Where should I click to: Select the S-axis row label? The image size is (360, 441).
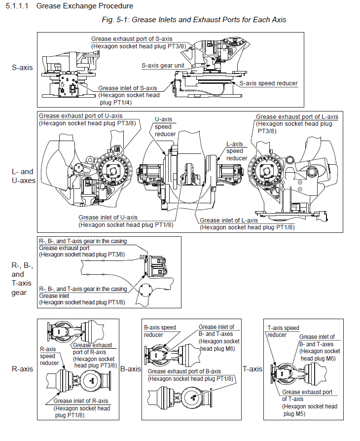point(22,67)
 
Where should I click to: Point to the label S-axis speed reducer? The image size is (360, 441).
point(269,83)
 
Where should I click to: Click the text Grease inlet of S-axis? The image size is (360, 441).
point(128,88)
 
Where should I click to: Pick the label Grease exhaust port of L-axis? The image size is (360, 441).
point(297,117)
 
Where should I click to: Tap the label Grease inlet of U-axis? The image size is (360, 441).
point(108,218)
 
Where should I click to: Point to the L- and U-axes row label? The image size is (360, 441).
point(23,176)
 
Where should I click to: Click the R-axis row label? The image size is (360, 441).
point(22,368)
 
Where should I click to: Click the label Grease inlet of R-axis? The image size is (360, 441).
point(81,401)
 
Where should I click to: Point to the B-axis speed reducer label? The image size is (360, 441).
point(160,331)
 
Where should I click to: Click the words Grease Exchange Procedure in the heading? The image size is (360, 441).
point(85,6)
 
